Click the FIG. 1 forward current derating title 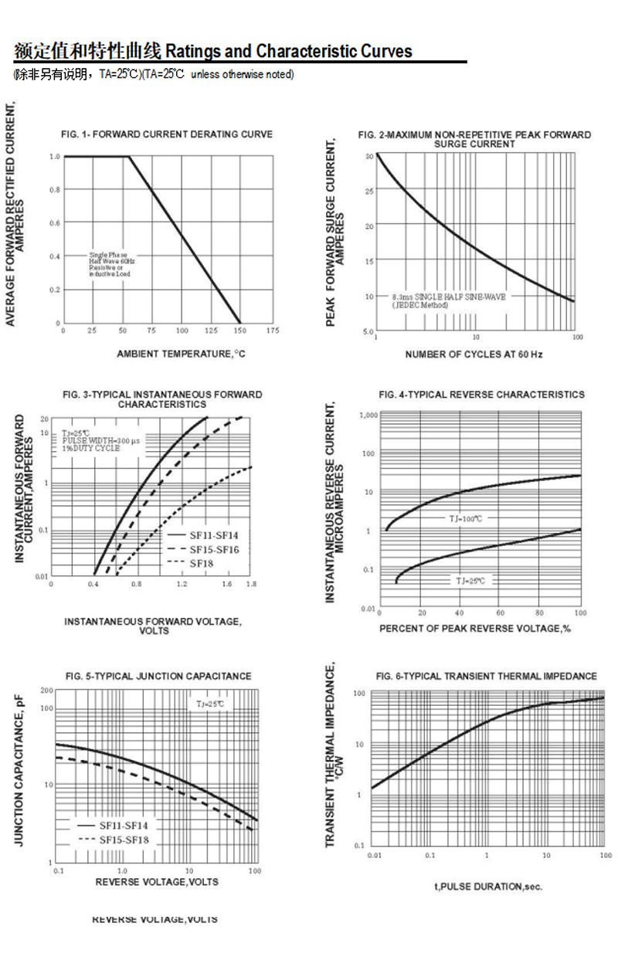167,134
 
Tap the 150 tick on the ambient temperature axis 240,331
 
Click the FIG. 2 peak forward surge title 474,139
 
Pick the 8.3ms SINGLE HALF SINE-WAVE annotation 448,300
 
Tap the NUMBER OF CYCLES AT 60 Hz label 474,354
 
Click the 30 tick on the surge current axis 369,156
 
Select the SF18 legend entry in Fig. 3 202,563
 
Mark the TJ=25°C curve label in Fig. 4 470,580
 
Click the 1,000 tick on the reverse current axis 368,415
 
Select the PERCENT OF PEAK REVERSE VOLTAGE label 474,629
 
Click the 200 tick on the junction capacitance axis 46,690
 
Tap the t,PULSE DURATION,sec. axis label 488,886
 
